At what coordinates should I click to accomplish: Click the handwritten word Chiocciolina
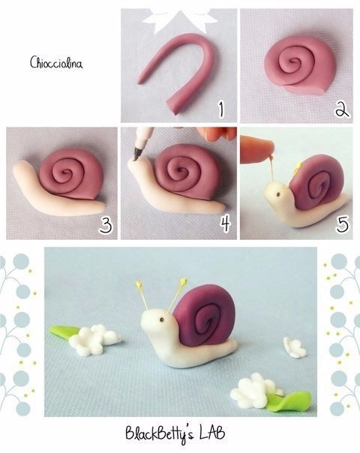[x=56, y=62]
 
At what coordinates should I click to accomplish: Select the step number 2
[x=343, y=109]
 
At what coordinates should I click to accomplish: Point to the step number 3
[x=106, y=225]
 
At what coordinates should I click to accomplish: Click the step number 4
[x=225, y=224]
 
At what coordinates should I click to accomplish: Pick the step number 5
[x=342, y=224]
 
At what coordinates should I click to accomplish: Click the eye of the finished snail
[x=162, y=319]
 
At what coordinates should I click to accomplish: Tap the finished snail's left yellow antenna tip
[x=139, y=284]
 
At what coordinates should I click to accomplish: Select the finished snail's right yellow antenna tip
[x=183, y=280]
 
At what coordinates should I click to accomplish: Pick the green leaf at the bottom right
[x=288, y=400]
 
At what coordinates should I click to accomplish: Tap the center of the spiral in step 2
[x=294, y=61]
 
